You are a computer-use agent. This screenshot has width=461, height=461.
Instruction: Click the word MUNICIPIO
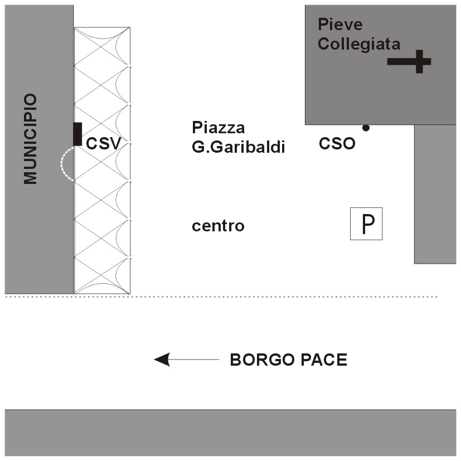point(30,139)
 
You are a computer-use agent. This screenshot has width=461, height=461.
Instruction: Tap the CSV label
point(103,143)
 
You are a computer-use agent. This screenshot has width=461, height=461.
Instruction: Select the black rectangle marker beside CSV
point(77,134)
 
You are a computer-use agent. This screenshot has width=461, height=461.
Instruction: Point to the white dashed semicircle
point(63,164)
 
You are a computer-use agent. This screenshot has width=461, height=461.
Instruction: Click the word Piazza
point(218,128)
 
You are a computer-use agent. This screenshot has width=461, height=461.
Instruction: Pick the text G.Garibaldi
point(238,148)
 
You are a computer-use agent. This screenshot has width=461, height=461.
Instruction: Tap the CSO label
point(337,144)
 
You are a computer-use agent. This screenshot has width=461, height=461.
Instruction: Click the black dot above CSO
point(366,128)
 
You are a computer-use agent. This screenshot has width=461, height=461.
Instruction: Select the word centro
point(218,226)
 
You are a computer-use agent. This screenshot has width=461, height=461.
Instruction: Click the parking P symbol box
point(366,224)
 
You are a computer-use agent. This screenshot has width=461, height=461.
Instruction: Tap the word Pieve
point(340,25)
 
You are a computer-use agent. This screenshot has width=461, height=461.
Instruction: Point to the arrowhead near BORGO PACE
point(162,360)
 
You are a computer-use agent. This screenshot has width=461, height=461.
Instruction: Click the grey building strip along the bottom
point(230,433)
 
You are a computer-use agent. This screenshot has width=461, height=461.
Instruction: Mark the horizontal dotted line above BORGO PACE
point(279,297)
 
